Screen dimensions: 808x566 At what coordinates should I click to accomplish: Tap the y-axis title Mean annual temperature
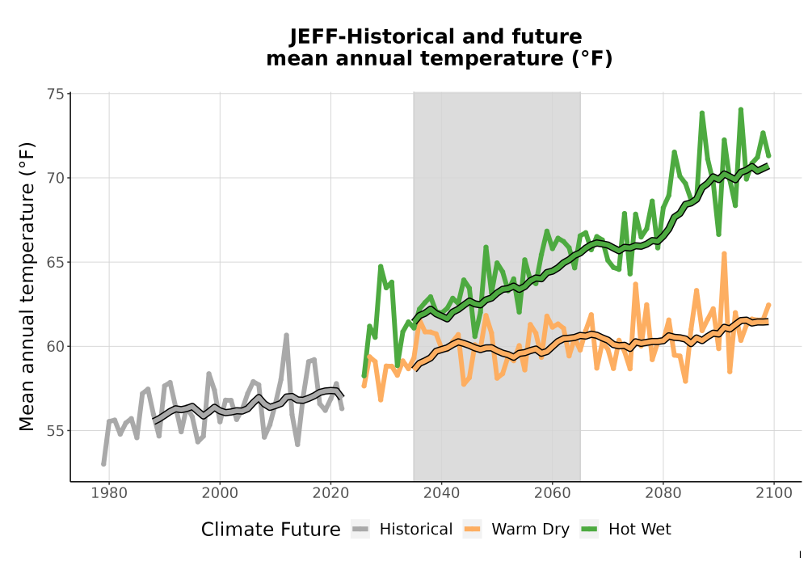pyautogui.click(x=27, y=286)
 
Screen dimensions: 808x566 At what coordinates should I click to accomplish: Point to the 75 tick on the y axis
pyautogui.click(x=55, y=94)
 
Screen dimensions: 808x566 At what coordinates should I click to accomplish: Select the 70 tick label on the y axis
pyautogui.click(x=55, y=178)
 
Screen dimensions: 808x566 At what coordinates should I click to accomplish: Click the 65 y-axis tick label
pyautogui.click(x=55, y=262)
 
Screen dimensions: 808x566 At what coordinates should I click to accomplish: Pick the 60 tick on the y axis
pyautogui.click(x=55, y=346)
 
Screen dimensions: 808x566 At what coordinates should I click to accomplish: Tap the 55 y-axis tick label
pyautogui.click(x=55, y=431)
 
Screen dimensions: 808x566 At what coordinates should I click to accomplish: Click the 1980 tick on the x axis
pyautogui.click(x=109, y=493)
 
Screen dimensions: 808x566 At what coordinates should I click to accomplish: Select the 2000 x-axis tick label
pyautogui.click(x=220, y=493)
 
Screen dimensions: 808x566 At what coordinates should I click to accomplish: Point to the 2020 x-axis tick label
pyautogui.click(x=330, y=493)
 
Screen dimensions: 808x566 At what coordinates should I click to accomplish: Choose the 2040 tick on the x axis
pyautogui.click(x=442, y=493)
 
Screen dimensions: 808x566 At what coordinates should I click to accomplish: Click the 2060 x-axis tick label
pyautogui.click(x=553, y=493)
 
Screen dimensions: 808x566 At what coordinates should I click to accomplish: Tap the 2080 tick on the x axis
pyautogui.click(x=663, y=493)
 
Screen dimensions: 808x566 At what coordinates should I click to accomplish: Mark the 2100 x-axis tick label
pyautogui.click(x=774, y=493)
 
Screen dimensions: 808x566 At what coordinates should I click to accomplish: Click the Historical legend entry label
pyautogui.click(x=416, y=530)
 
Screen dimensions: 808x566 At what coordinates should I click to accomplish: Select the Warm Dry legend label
pyautogui.click(x=530, y=530)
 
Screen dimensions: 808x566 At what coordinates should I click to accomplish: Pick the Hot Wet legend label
pyautogui.click(x=639, y=530)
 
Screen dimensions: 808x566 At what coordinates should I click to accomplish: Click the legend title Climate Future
pyautogui.click(x=271, y=530)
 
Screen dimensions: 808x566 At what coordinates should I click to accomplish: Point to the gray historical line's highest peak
pyautogui.click(x=287, y=335)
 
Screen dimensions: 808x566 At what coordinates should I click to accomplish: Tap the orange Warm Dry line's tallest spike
pyautogui.click(x=724, y=254)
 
